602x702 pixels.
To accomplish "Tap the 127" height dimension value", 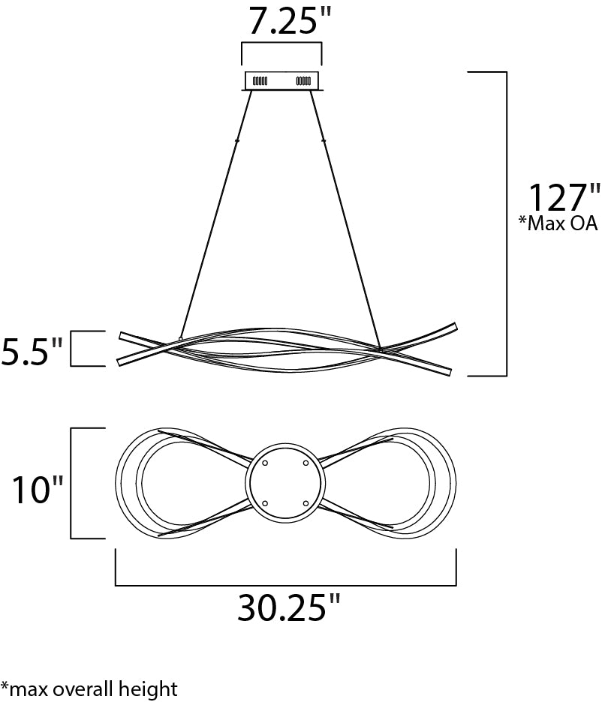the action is point(564,197).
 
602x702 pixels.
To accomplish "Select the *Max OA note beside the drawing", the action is point(558,223).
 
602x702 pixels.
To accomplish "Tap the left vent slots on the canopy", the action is point(260,81).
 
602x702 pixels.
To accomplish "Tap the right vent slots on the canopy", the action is point(303,81).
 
